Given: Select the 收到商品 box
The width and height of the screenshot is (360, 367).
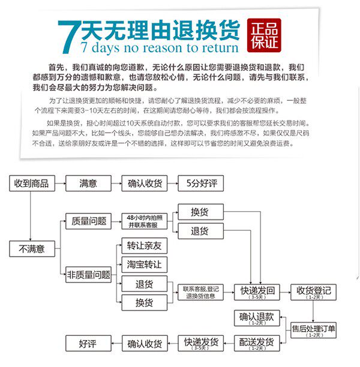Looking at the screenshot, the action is click(31, 183).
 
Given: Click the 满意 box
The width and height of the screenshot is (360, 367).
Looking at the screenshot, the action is click(88, 183).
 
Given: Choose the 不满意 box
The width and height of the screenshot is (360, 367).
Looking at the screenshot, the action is click(32, 248).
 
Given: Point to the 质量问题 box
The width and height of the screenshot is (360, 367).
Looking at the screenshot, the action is click(88, 221).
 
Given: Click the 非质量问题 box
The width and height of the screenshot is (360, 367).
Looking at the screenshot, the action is click(89, 275).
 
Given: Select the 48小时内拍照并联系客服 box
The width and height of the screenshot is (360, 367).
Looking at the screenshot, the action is click(144, 221).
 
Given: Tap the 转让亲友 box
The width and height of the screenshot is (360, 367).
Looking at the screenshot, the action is click(144, 246).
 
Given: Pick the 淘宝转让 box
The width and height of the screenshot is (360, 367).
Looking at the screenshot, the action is click(144, 264).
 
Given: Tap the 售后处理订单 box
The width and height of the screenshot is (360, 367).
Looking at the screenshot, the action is click(313, 330).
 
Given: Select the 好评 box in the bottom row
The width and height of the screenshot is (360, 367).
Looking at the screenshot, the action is click(88, 344).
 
